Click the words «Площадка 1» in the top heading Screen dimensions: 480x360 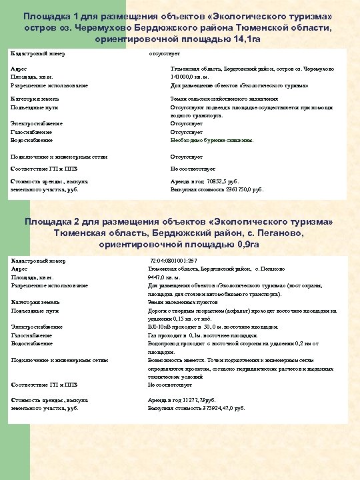click(51, 15)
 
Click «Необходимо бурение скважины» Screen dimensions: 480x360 click(213, 141)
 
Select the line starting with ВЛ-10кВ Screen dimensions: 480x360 click(213, 327)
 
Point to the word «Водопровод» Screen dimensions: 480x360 click(164, 343)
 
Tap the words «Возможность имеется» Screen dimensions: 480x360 click(177, 360)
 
